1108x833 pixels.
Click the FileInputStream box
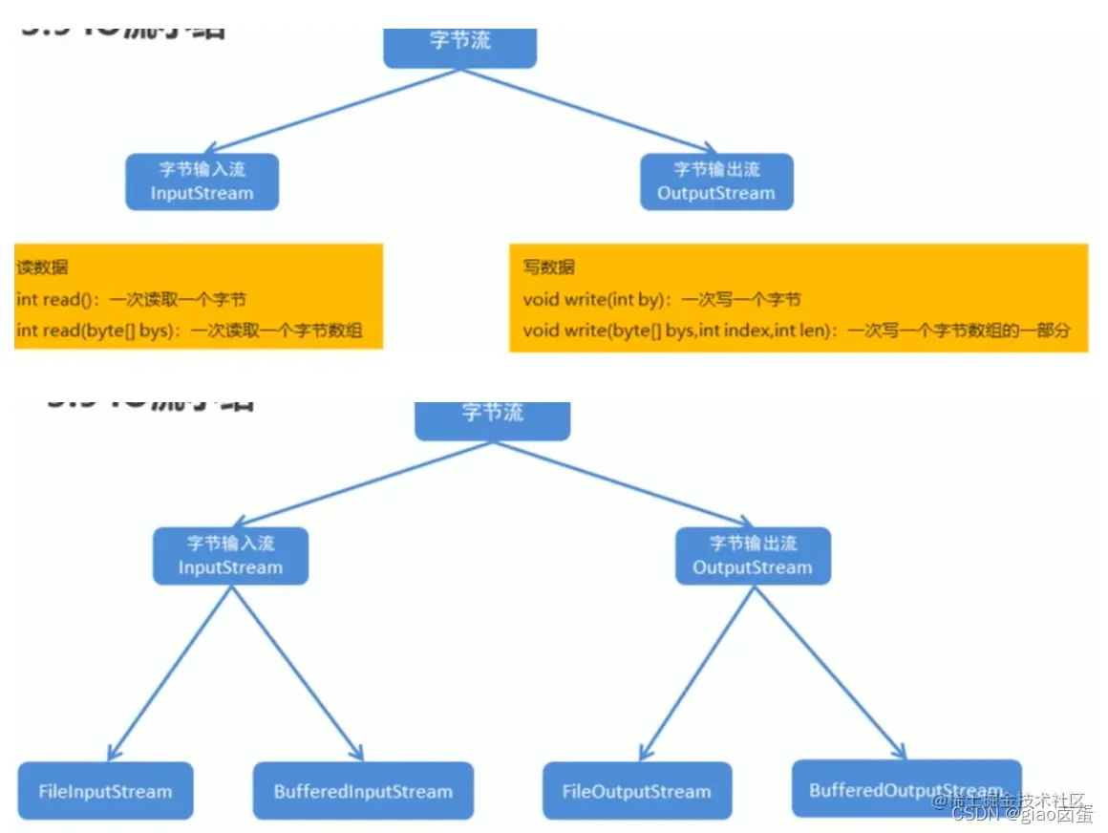tap(105, 791)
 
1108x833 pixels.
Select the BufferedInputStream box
tap(363, 791)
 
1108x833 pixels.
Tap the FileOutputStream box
tap(636, 791)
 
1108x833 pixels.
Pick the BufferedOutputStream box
tap(906, 789)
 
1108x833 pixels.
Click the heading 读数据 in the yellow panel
tap(42, 267)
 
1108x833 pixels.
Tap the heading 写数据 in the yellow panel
tap(548, 267)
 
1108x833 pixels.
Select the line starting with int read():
tap(131, 300)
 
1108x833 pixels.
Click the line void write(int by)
tap(661, 300)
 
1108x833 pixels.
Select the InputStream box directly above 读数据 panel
tap(202, 182)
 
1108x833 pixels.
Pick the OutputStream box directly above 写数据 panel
tap(716, 182)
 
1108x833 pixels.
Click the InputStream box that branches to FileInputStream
tap(231, 556)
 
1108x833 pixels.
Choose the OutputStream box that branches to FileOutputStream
tap(753, 556)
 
